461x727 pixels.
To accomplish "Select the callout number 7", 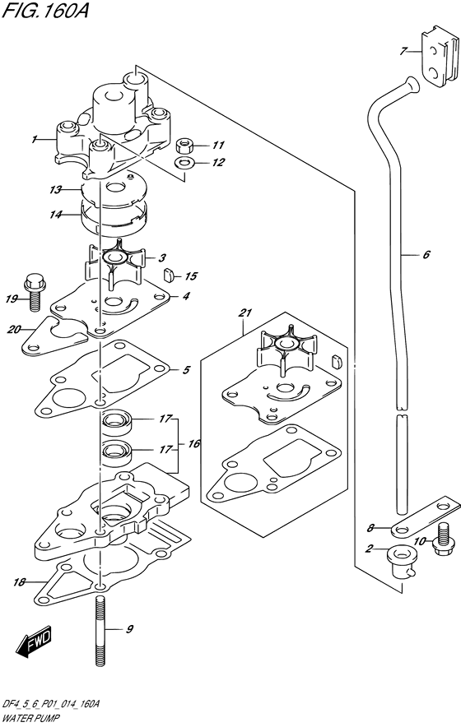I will point(404,52).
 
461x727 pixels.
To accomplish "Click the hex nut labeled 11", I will point(185,146).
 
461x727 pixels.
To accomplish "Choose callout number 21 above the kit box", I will point(245,313).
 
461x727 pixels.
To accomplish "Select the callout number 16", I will point(193,444).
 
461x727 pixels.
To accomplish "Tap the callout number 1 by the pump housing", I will point(35,140).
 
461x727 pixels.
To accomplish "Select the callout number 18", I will point(18,582).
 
